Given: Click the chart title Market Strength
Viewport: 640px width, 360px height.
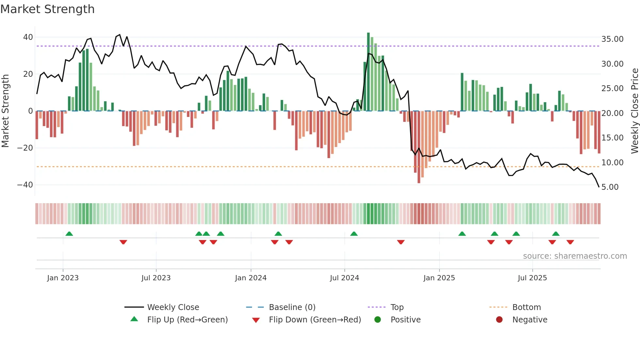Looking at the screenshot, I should [x=47, y=9].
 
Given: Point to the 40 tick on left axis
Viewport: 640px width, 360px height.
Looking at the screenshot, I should [x=28, y=37].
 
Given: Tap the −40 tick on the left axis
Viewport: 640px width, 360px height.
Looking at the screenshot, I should [x=25, y=185].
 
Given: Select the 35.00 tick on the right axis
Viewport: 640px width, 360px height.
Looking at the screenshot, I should [x=612, y=39].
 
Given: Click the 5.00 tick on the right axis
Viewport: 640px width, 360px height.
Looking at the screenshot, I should [x=610, y=187].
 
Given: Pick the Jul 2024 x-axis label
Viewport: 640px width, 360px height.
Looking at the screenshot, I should [x=344, y=278].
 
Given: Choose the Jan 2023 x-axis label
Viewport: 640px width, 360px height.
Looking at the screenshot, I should [x=63, y=278].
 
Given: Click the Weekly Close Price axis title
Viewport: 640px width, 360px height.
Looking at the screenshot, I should [x=634, y=111].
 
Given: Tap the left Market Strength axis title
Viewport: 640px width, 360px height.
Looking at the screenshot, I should [x=6, y=111].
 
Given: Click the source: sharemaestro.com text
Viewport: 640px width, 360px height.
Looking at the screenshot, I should [x=575, y=256].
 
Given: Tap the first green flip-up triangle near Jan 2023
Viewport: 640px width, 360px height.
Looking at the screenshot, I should [x=69, y=234].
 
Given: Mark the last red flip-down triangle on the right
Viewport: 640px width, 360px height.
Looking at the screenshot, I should [x=570, y=242].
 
